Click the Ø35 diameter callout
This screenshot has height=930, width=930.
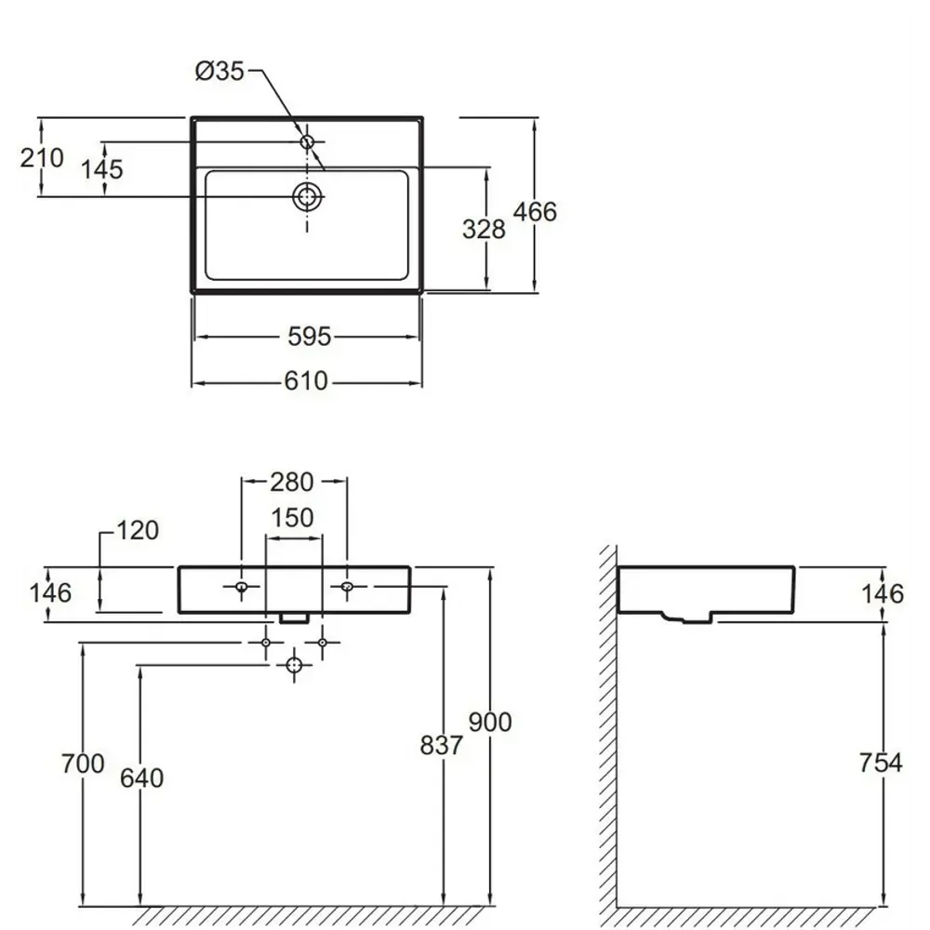point(219,72)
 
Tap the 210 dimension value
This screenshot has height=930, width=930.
point(42,158)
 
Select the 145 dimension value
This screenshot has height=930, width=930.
point(102,169)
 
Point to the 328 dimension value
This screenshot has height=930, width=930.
point(484,229)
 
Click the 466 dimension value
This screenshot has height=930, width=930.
point(535,212)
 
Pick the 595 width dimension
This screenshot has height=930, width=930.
point(309,337)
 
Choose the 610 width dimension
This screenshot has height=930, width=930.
point(306,380)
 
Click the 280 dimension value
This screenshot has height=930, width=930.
point(292,482)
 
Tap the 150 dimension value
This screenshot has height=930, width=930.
point(292,518)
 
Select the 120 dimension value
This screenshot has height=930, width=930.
point(138,530)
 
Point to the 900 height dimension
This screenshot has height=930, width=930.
point(490,722)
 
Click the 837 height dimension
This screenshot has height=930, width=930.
point(441,746)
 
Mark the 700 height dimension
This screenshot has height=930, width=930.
point(83,764)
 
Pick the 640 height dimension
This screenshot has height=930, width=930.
point(141,778)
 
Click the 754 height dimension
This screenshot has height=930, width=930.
point(881,763)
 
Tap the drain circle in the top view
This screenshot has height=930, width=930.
point(307,196)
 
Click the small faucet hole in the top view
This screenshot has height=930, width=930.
point(307,141)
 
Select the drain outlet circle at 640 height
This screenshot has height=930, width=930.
point(294,666)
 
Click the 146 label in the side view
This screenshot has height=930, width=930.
point(883,593)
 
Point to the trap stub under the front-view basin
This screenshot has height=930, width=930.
point(295,618)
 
